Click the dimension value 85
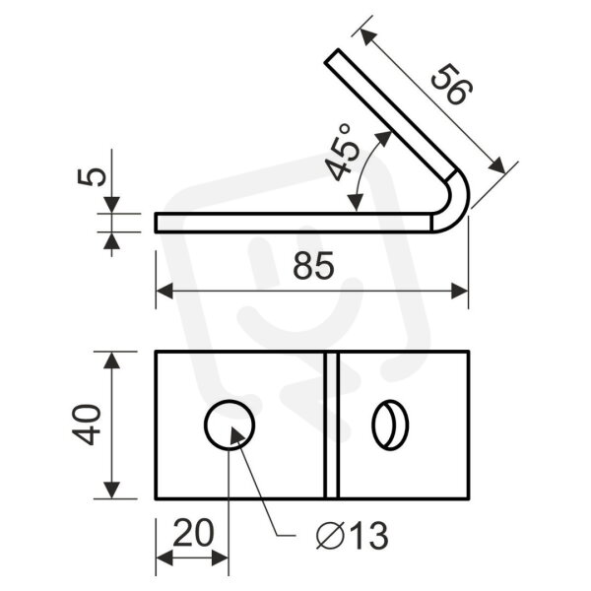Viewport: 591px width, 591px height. [313, 265]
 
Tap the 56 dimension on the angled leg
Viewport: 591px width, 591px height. [451, 84]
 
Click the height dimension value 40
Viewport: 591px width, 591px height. [87, 425]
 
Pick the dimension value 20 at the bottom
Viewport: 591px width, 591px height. [193, 533]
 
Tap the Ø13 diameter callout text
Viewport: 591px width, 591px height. [352, 536]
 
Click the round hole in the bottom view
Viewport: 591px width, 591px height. [230, 425]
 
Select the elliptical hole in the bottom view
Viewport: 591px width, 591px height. [390, 425]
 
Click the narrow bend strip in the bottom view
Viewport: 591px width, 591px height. [332, 425]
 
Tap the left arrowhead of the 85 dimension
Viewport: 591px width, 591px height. [164, 291]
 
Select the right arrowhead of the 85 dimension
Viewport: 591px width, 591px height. [460, 291]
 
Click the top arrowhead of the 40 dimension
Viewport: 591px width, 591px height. [111, 360]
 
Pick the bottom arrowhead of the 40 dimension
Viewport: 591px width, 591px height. [111, 490]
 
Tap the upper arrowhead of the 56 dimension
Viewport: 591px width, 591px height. [368, 37]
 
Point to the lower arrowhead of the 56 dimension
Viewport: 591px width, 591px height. [496, 165]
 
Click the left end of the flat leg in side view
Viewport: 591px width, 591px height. [156, 224]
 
